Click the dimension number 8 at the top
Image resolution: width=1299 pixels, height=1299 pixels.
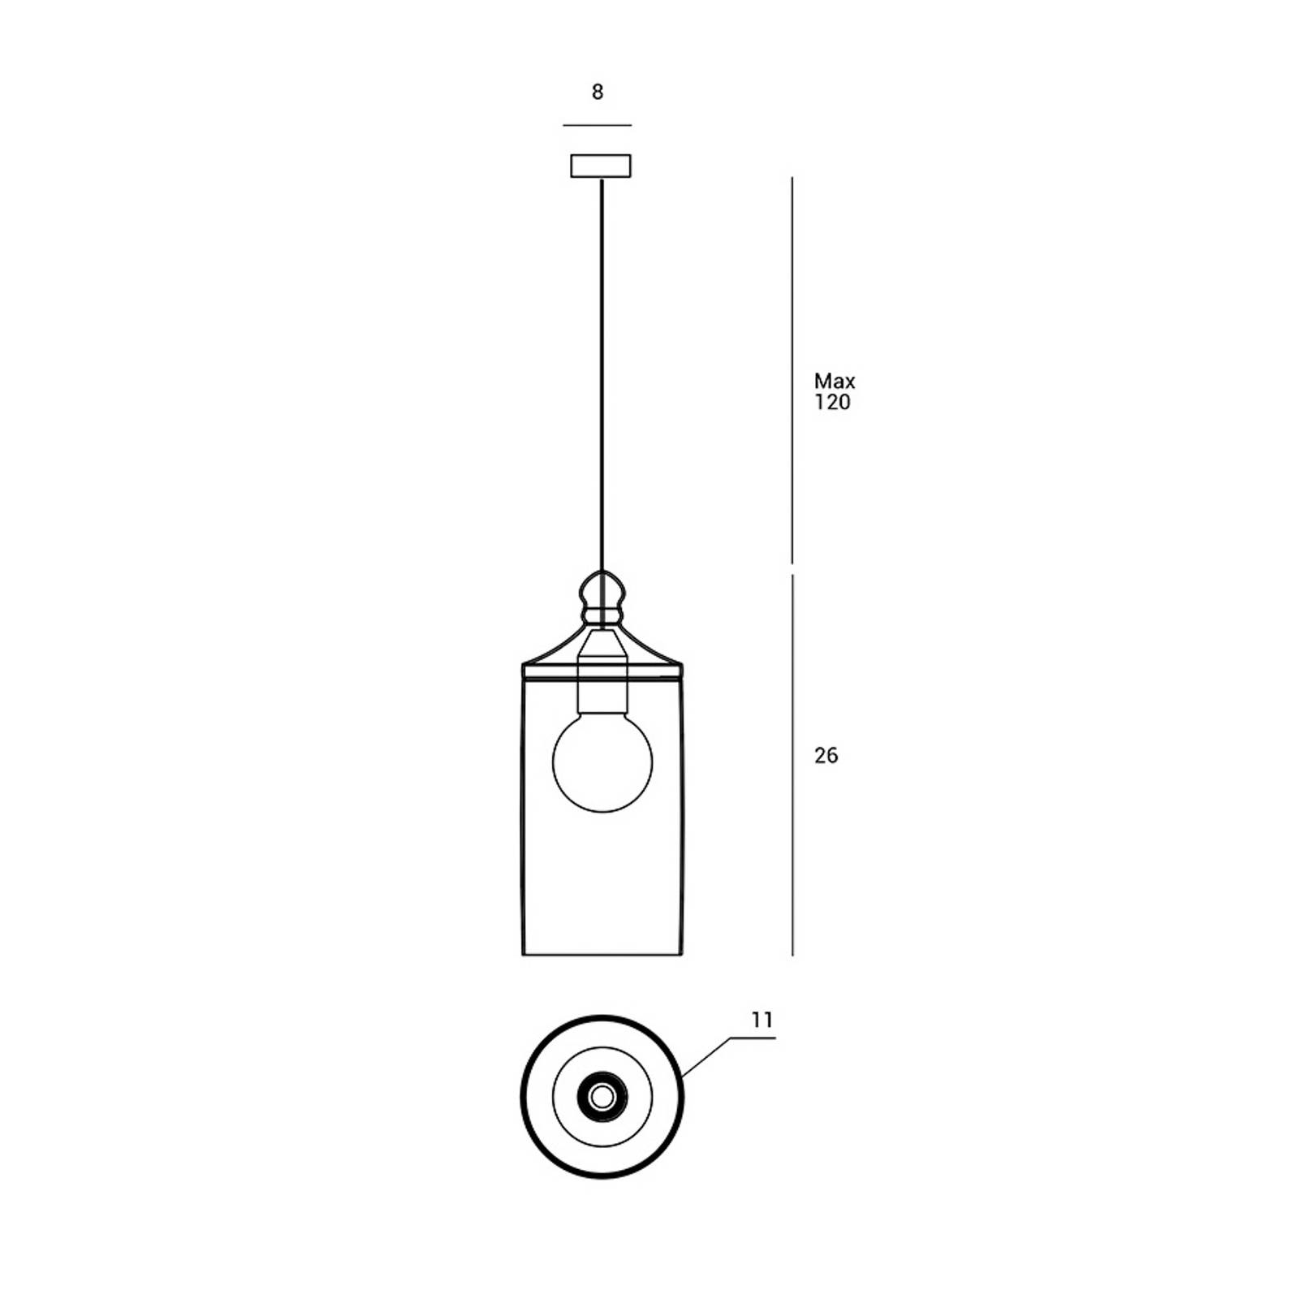598,92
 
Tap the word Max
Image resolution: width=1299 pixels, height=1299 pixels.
835,381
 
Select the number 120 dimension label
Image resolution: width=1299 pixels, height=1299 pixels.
832,402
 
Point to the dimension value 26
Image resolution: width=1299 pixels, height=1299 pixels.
826,755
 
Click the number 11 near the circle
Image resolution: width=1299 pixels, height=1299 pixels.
762,1020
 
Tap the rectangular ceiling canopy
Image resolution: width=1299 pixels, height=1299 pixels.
601,166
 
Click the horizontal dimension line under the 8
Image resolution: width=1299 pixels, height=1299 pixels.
598,126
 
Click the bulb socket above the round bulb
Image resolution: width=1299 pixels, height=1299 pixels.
602,671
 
